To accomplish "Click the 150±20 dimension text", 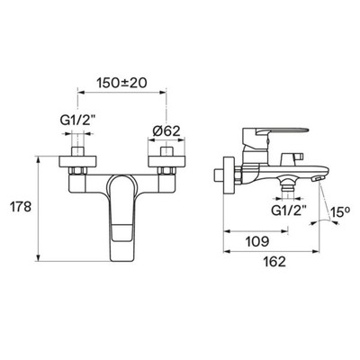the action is click(x=121, y=83).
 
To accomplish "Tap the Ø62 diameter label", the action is click(x=166, y=130).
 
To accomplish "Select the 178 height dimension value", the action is click(x=21, y=207).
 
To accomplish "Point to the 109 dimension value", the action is click(x=257, y=241).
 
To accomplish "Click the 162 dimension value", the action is click(x=274, y=262).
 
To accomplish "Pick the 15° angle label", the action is click(x=340, y=212).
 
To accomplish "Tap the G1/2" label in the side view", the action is click(x=288, y=211).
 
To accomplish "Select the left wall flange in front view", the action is click(x=77, y=161).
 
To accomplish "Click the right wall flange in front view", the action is click(x=166, y=161).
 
